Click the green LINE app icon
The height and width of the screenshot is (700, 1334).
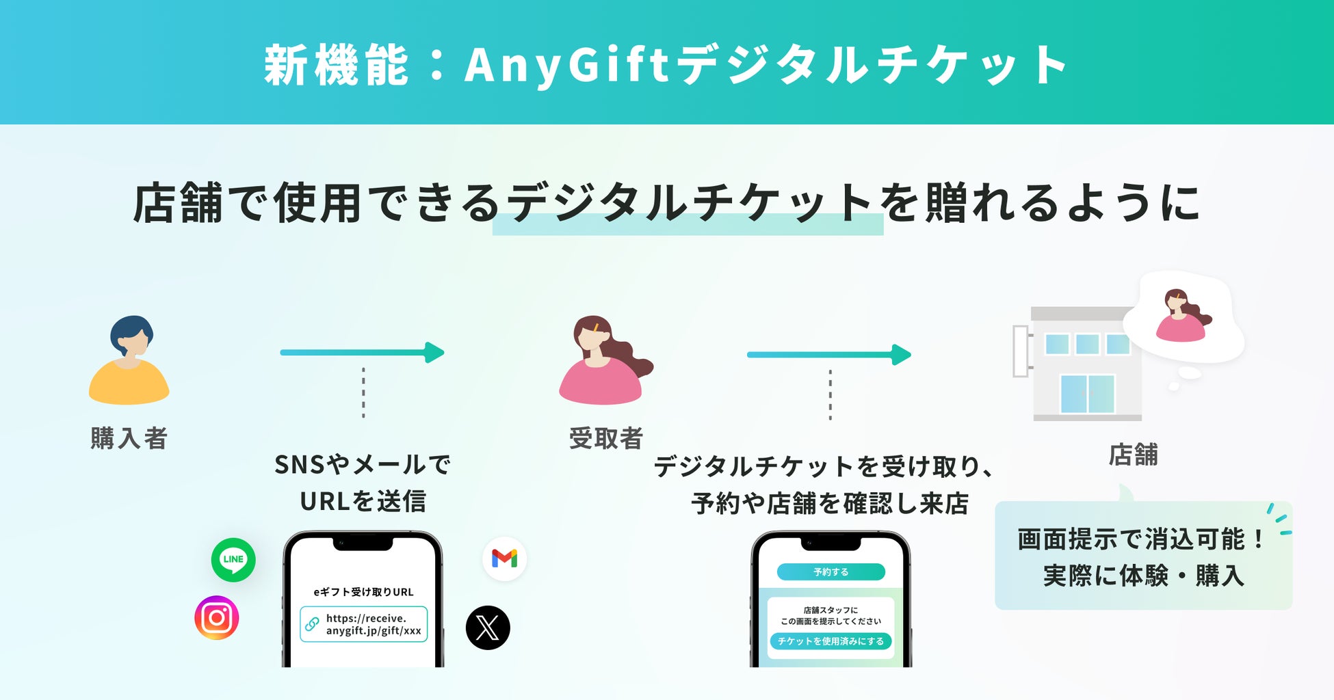click(233, 560)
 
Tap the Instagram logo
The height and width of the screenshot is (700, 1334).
click(217, 618)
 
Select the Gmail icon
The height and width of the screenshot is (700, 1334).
click(504, 559)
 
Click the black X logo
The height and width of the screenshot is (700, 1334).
click(488, 628)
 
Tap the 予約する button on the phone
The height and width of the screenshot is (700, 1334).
click(831, 572)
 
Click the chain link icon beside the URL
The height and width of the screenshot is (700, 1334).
click(312, 623)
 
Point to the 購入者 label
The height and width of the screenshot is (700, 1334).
click(129, 438)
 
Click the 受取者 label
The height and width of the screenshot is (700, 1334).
click(606, 438)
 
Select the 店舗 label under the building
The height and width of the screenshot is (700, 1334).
click(1133, 455)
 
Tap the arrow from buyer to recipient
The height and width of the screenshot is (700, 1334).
click(363, 353)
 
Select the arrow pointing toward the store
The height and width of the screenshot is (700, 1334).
click(829, 355)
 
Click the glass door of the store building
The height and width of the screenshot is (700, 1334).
click(1087, 394)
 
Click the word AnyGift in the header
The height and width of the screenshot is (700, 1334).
click(566, 66)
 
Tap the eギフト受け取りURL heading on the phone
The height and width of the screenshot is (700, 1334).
click(363, 592)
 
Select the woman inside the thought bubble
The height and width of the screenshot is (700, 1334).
click(1181, 315)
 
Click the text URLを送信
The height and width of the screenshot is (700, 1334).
click(363, 502)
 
